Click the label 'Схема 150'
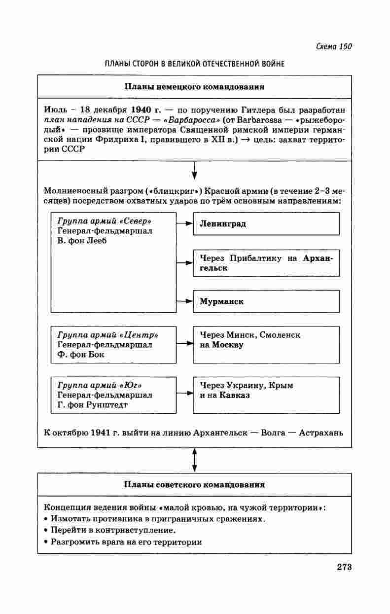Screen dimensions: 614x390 click(333, 47)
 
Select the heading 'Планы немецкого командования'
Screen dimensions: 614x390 click(194, 87)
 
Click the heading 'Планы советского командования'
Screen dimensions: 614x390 click(194, 485)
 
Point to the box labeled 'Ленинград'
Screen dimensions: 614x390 click(266, 223)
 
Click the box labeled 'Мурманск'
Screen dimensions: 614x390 click(266, 301)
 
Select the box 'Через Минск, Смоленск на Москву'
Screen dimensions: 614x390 click(266, 344)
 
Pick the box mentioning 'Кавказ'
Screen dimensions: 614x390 click(266, 395)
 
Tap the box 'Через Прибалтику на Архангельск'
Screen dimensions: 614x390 click(266, 263)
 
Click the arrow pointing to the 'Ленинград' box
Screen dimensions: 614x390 click(184, 223)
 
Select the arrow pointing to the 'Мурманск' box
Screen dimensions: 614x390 click(184, 301)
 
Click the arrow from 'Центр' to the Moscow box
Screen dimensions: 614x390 click(184, 344)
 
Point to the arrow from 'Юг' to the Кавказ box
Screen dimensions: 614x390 click(184, 395)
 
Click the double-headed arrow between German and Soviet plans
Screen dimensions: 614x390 click(194, 460)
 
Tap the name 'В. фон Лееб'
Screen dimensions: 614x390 click(82, 241)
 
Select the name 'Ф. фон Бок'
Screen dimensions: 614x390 click(81, 355)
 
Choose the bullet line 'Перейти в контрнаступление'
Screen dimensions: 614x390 click(113, 530)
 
